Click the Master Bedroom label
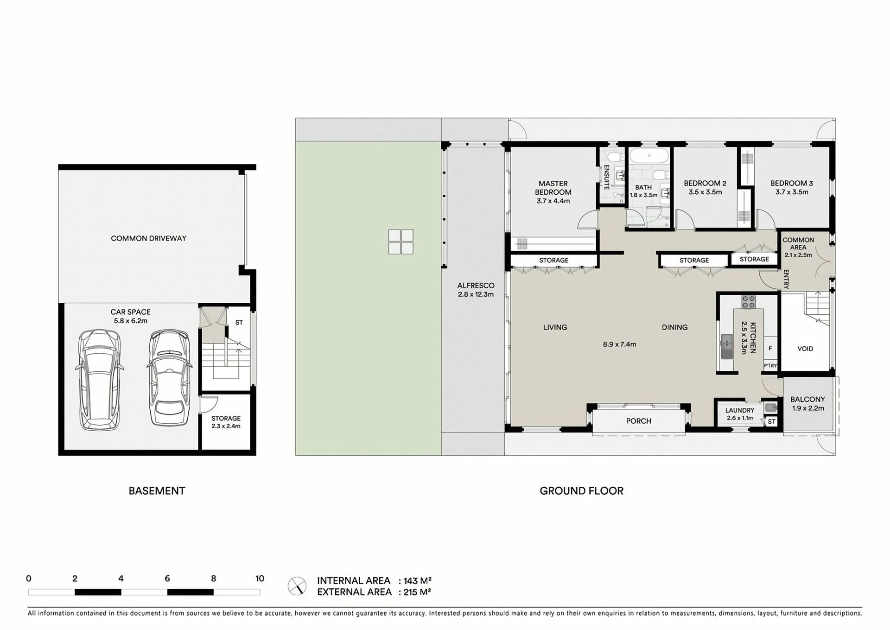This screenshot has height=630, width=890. point(553,188)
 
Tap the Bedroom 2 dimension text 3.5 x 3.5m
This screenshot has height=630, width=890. point(705,192)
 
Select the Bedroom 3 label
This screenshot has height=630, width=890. point(792,183)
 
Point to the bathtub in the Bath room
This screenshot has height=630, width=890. point(648,156)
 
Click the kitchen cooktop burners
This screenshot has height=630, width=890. point(748,302)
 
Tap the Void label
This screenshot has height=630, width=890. point(805,349)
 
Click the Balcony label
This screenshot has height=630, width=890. point(807,399)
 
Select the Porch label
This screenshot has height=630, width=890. point(639,421)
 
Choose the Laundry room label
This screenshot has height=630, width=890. point(740,410)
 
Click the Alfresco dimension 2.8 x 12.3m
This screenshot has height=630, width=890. point(476,294)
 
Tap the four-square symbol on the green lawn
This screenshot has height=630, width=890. point(401,242)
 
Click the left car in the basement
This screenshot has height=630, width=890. point(99,380)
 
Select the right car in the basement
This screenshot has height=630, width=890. point(169,377)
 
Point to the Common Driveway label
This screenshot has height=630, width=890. point(148,238)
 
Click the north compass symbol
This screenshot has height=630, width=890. point(297,586)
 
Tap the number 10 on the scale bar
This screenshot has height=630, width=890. point(260,579)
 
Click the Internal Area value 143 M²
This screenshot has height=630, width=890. point(418,581)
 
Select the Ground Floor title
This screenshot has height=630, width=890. point(581,491)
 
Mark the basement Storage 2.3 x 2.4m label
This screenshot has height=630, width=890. point(226,422)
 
